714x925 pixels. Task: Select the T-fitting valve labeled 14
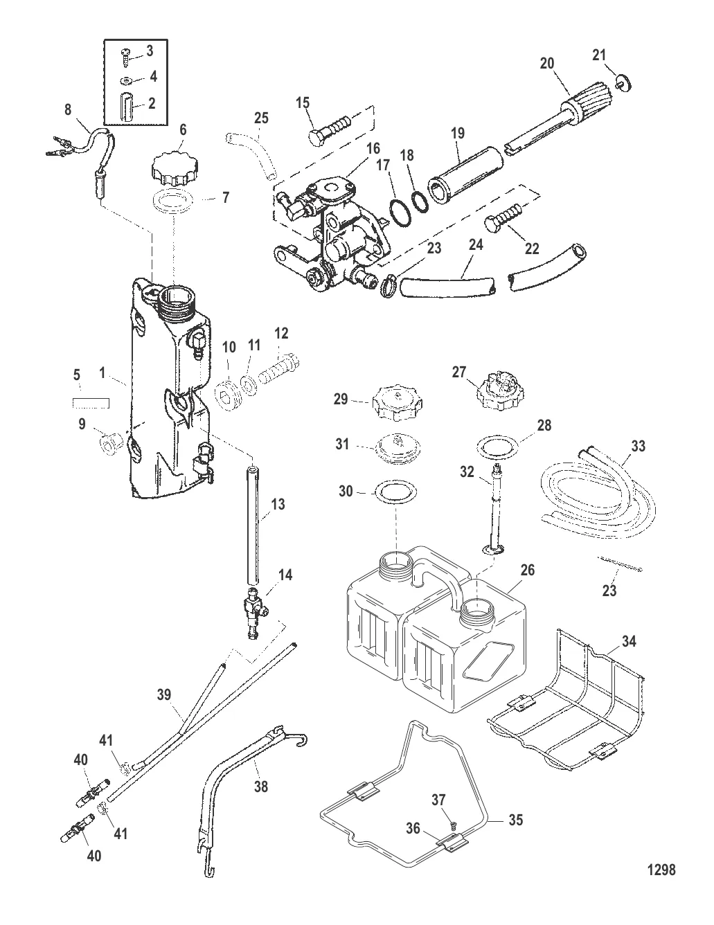click(252, 610)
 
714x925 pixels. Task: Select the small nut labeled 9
click(109, 441)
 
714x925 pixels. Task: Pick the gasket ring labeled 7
click(172, 205)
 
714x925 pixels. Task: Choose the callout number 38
click(262, 787)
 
